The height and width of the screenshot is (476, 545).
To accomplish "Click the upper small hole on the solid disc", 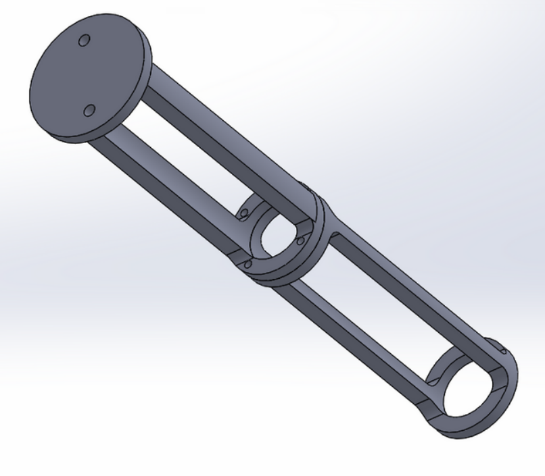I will [x=84, y=41].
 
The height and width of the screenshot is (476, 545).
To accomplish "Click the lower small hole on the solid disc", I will [x=89, y=110].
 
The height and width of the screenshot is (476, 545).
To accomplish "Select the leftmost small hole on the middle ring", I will [x=242, y=214].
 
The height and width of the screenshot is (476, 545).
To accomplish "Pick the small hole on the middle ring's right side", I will [x=300, y=240].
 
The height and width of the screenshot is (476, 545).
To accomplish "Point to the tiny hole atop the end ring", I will [x=504, y=350].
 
